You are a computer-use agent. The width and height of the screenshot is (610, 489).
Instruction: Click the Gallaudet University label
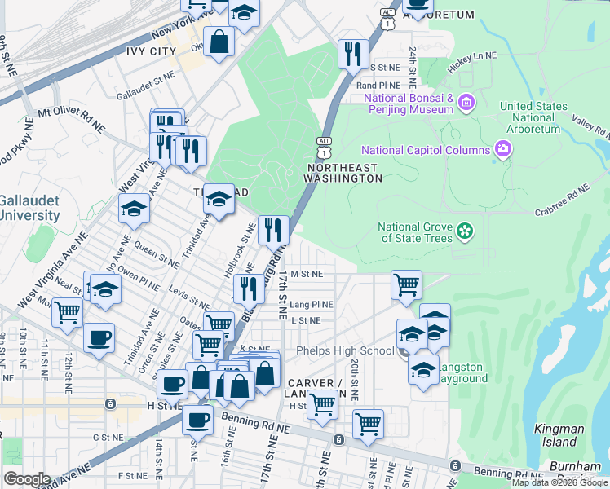point(29,208)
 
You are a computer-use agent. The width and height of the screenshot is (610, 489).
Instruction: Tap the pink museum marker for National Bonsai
point(466,104)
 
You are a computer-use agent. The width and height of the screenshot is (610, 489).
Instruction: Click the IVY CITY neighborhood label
point(152,51)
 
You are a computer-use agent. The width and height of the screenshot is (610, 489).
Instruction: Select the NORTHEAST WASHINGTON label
point(343,173)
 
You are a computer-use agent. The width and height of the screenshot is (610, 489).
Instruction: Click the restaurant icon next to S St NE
point(353,55)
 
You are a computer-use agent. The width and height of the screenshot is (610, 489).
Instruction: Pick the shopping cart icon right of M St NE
point(406,285)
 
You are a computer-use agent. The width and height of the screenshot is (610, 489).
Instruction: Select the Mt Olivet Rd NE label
point(72,118)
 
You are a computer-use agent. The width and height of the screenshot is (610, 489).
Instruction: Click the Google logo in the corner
point(27,479)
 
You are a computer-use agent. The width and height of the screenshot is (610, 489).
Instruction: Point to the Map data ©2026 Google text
point(559,482)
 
